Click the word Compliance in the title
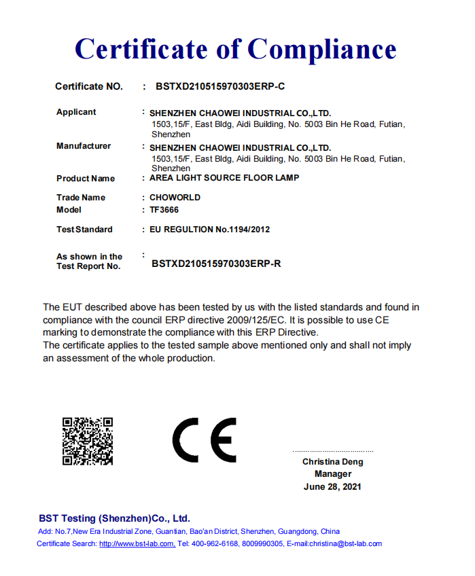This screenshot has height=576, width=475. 321,49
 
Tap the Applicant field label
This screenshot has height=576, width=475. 76,112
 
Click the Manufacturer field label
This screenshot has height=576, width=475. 84,146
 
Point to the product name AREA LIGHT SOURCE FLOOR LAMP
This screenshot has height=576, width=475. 224,178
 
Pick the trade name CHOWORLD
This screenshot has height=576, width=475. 175,198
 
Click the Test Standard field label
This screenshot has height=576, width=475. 84,230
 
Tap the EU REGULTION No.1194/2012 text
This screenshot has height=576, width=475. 209,230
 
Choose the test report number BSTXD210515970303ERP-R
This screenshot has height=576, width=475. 216,264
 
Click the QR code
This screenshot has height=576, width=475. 88,441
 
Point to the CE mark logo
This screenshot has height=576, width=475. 204,440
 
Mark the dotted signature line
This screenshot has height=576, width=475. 332,451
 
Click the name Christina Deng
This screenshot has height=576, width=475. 332,462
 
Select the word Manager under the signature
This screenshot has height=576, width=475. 333,474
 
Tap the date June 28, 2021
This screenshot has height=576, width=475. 332,486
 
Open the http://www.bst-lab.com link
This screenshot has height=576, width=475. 137,543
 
